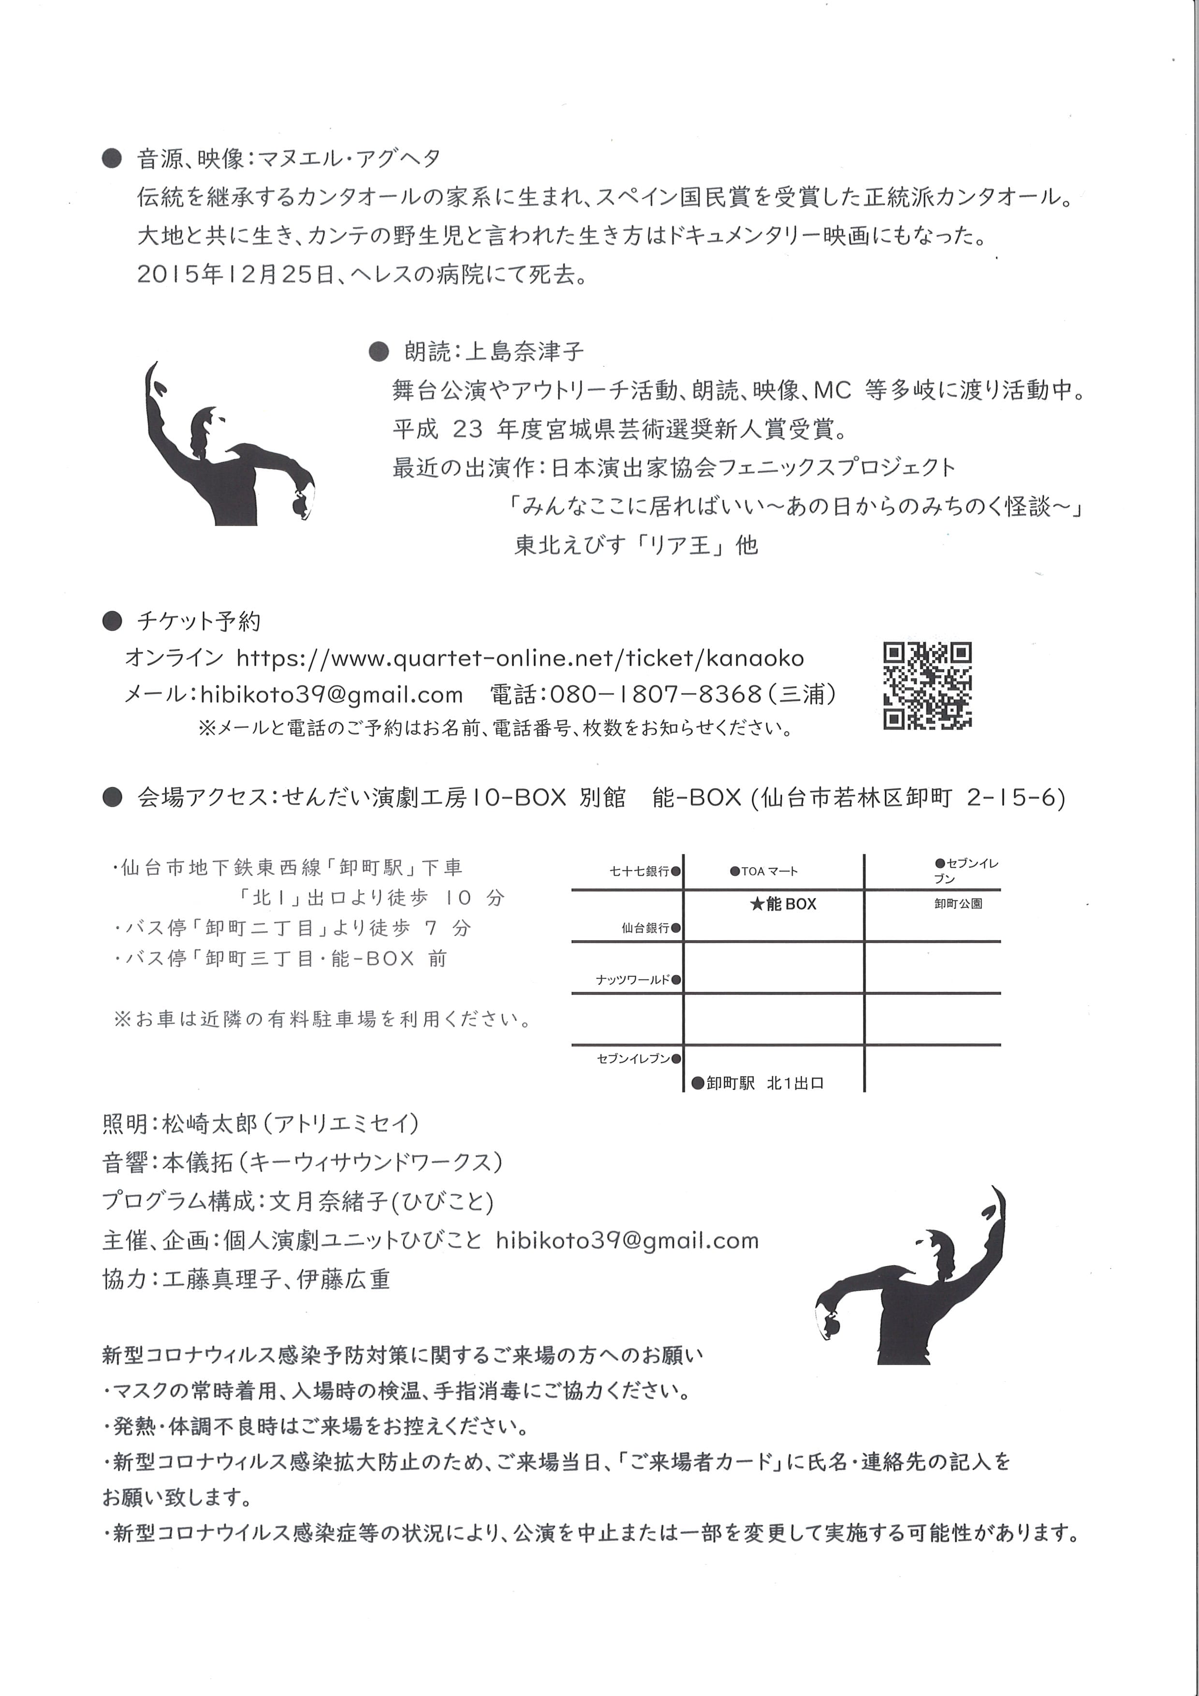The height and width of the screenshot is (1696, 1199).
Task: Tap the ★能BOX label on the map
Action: click(x=783, y=903)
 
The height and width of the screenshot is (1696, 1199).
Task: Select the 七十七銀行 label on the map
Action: click(x=639, y=871)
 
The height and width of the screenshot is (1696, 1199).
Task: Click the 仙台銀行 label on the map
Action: click(x=645, y=928)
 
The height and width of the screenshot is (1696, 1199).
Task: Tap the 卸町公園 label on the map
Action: click(x=958, y=903)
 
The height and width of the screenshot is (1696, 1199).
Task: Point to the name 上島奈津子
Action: click(x=524, y=351)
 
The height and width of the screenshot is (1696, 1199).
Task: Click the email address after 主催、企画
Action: click(x=627, y=1240)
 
